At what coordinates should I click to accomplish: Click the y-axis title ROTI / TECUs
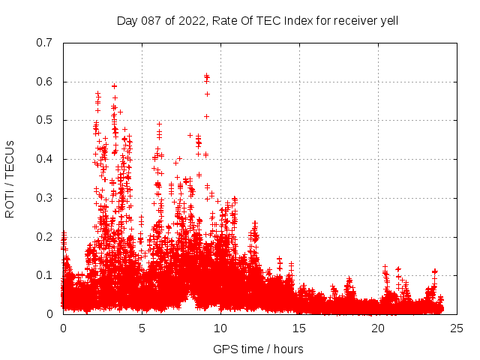(10, 178)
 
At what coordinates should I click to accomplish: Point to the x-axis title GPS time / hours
(258, 349)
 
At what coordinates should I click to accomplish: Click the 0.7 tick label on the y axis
(46, 43)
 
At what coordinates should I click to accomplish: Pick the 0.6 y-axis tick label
(46, 82)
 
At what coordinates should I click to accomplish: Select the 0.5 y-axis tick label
(46, 120)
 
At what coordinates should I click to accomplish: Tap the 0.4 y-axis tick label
(46, 159)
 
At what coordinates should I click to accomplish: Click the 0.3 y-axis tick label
(46, 198)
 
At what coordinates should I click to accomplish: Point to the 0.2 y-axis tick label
(46, 236)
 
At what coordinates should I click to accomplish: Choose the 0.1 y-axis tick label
(46, 275)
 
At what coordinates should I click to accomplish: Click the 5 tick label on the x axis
(142, 328)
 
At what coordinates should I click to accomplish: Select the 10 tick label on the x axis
(220, 328)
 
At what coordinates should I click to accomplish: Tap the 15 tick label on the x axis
(299, 328)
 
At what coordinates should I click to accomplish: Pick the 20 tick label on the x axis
(378, 328)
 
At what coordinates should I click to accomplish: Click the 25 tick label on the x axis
(457, 328)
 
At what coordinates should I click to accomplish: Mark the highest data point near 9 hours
(206, 75)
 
